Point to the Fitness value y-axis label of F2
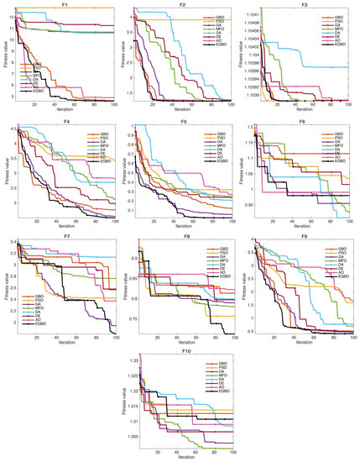click(124, 57)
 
